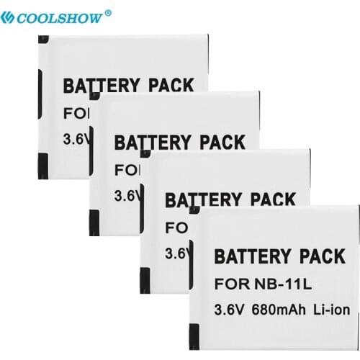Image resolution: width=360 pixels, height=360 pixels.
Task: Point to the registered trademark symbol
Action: [109, 12]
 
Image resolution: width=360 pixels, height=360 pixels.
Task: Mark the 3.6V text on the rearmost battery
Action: [74, 141]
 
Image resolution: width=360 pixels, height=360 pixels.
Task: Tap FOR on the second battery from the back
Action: [124, 169]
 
